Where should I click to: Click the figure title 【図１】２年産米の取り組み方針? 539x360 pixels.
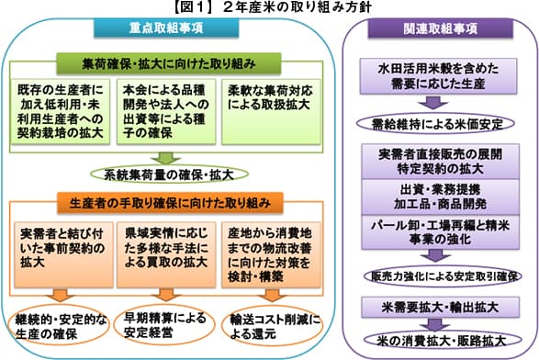269,8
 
